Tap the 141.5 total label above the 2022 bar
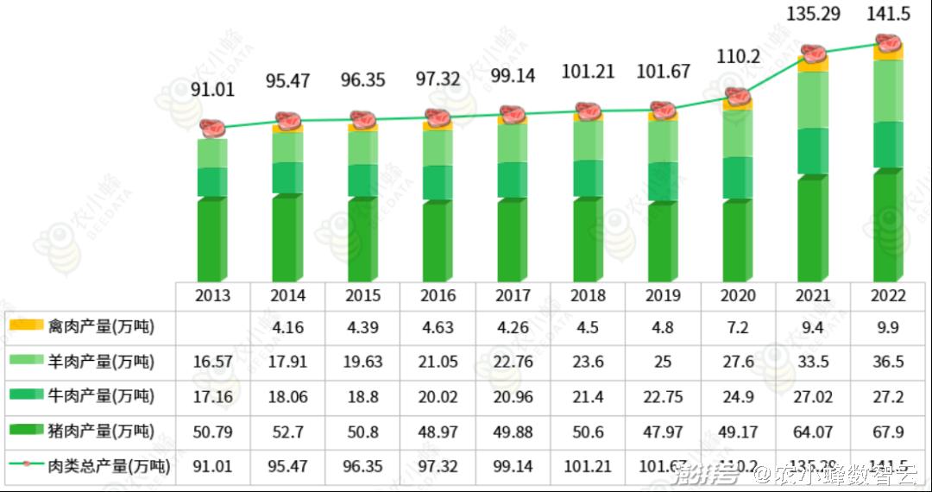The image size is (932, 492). coord(889,16)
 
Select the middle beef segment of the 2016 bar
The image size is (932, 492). coord(438,182)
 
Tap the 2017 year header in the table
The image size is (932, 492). coord(513,295)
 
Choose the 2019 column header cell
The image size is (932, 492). coord(664,295)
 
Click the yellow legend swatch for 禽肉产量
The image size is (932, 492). coord(26,326)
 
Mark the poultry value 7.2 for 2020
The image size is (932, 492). coord(739,328)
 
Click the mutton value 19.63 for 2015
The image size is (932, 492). coord(363,362)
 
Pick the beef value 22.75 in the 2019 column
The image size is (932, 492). coord(664,397)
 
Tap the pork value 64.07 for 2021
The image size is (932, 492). coord(814,432)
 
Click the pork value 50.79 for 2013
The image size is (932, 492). coord(212,432)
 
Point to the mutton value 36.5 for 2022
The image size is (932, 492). coord(889,362)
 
